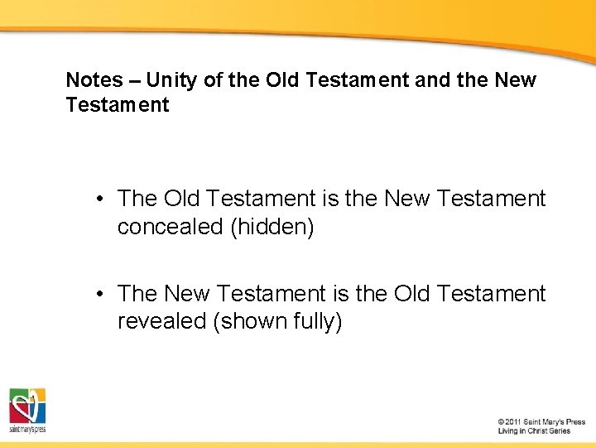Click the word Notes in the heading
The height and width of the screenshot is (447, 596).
point(94,80)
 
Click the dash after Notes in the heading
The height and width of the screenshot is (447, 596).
point(132,80)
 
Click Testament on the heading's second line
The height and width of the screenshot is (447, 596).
point(118,105)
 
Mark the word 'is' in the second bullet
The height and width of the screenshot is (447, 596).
point(341,294)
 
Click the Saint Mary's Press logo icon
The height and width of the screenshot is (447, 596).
point(27,405)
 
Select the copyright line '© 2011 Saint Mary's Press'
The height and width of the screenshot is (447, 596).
point(541,421)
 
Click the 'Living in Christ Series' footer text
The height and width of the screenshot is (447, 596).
point(534,431)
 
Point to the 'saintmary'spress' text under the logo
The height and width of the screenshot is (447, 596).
point(27,430)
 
